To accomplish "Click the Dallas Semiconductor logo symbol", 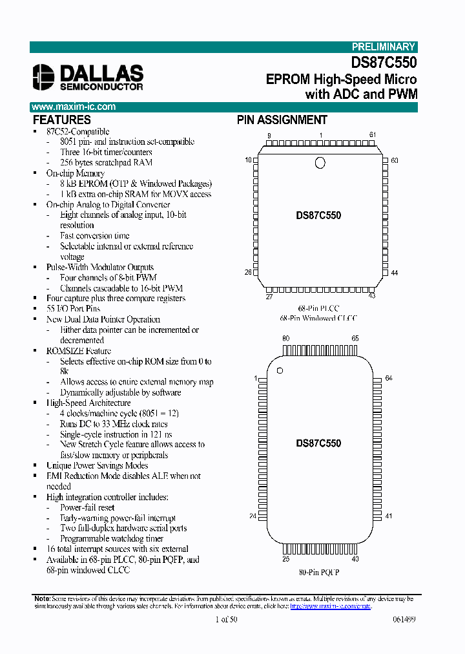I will tap(45, 77).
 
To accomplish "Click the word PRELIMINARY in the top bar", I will tap(384, 47).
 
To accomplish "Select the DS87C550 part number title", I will tap(384, 63).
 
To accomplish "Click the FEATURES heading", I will tap(61, 120).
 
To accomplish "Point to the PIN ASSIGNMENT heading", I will tap(282, 120).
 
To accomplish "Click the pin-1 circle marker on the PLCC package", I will tap(320, 163).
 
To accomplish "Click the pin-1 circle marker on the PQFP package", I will tap(280, 370).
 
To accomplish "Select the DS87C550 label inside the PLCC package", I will tap(318, 215).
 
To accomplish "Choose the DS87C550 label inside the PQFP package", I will tap(318, 444).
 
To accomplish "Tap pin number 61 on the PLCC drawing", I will tap(373, 134).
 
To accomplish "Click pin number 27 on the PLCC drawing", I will tap(269, 297).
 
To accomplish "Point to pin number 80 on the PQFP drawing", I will tap(285, 338).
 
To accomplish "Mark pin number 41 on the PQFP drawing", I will tap(388, 516).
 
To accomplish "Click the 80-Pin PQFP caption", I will tap(318, 572).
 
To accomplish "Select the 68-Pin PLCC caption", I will tap(318, 308).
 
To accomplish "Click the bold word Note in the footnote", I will tap(41, 599).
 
